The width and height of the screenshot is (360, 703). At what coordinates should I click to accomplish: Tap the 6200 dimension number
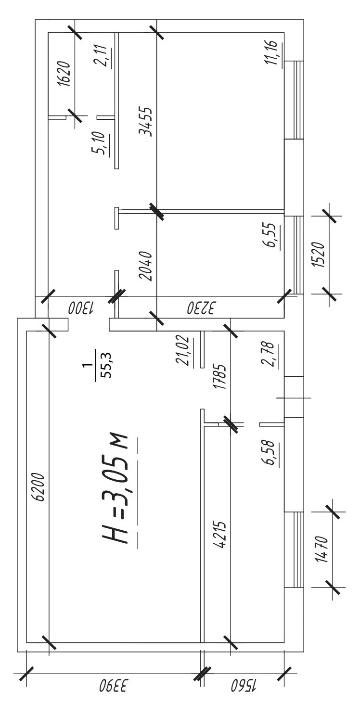pos(40,486)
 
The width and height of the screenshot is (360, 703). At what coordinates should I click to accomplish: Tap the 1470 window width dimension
pos(322,550)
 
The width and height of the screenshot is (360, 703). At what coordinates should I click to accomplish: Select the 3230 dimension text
pos(201,307)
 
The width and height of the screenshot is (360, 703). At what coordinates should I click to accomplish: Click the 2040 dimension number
pos(146,266)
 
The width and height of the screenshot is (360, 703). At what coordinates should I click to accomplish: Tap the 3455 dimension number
pos(146,121)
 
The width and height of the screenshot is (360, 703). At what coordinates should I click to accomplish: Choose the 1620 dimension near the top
pos(64,74)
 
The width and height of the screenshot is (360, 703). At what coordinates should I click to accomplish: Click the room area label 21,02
pos(182,351)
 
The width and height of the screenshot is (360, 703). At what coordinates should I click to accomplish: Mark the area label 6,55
pos(271,236)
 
